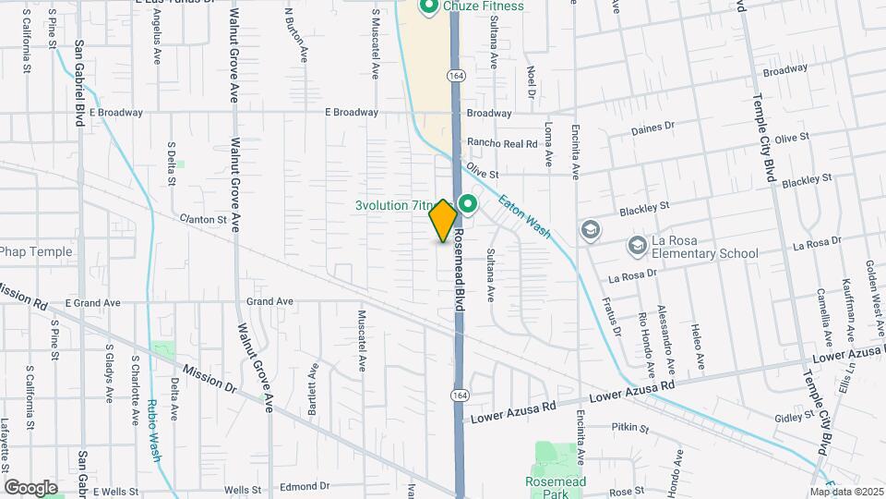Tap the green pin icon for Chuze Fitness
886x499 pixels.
click(x=428, y=7)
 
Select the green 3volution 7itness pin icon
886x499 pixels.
click(x=468, y=204)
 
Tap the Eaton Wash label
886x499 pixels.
click(x=525, y=216)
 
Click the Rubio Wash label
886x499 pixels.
click(x=153, y=432)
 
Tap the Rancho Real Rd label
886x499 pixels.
click(x=502, y=143)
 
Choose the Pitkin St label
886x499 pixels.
click(x=630, y=429)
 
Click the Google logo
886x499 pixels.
click(x=30, y=487)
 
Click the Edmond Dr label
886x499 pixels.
click(x=305, y=486)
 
